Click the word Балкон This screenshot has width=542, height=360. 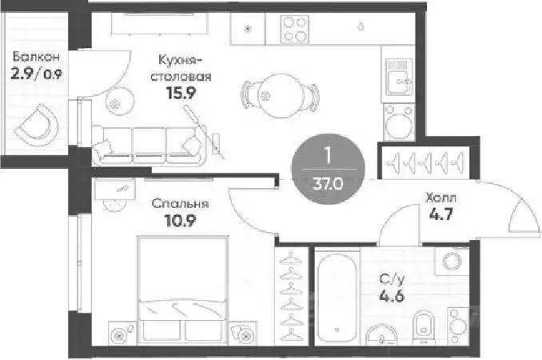(x=35, y=58)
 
